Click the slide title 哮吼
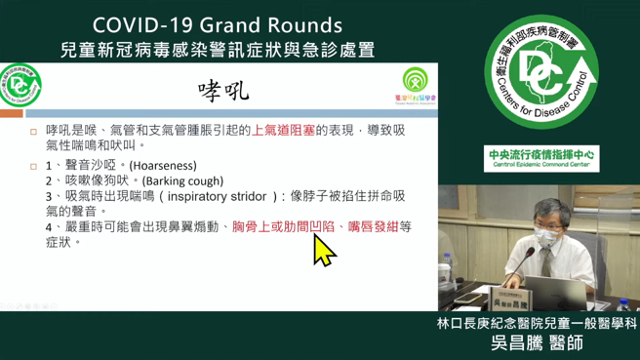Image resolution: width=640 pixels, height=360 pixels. (x=223, y=91)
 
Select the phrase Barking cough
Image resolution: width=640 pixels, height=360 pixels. (x=182, y=180)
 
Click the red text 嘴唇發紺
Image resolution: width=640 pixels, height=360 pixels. (x=373, y=226)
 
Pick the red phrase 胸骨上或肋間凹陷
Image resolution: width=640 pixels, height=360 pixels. (x=280, y=226)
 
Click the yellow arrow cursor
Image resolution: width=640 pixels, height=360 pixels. (x=323, y=250)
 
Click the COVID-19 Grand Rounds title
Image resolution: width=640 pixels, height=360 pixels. (x=217, y=24)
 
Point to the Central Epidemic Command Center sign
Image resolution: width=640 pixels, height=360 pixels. (x=541, y=159)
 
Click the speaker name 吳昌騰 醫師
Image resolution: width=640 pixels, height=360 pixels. (x=539, y=344)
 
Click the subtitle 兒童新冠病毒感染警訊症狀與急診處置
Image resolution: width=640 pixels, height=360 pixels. (x=217, y=49)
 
